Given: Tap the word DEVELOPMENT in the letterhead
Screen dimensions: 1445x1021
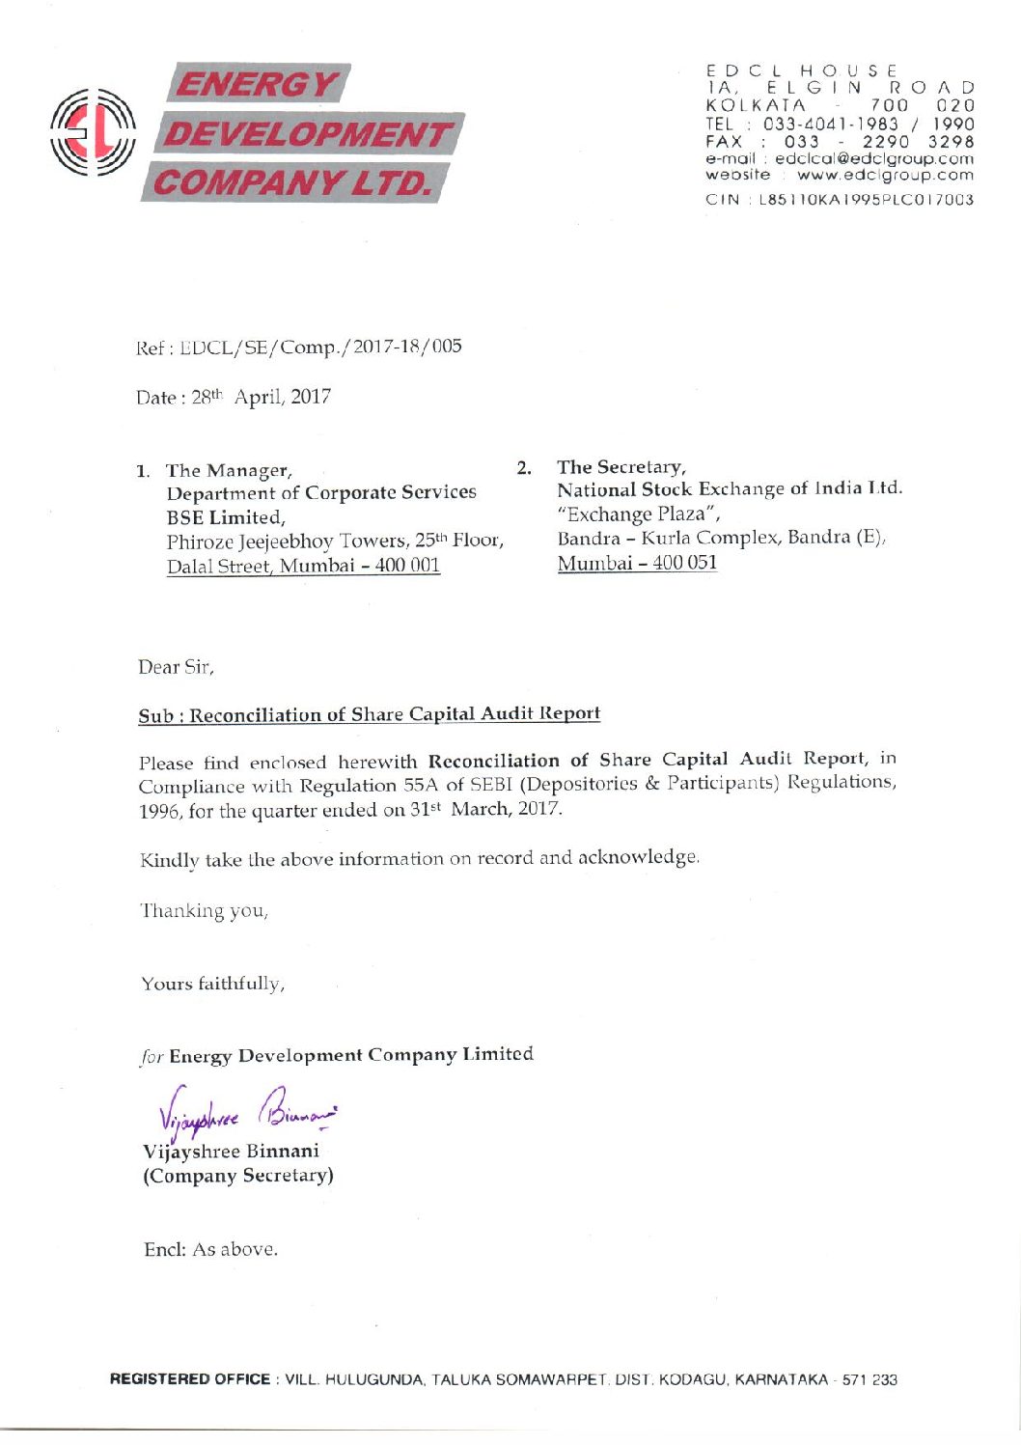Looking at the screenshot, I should [x=308, y=133].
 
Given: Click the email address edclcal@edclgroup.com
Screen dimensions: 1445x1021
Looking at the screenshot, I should [x=874, y=158].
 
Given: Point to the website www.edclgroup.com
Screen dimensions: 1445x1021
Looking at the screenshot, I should [x=885, y=175].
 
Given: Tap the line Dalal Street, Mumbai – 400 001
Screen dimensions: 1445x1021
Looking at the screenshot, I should [x=303, y=566].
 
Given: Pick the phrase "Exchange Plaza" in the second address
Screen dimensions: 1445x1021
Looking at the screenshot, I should [x=638, y=514].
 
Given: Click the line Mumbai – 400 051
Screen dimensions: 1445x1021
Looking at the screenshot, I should [x=637, y=563].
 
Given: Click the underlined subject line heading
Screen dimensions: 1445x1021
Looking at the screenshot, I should [x=369, y=714].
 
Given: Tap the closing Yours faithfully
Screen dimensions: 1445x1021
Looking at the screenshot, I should [x=212, y=984].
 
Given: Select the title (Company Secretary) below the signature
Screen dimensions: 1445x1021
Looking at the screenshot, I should [x=238, y=1176].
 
